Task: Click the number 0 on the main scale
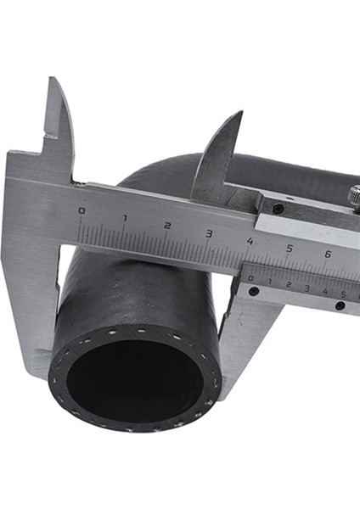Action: pyautogui.click(x=82, y=210)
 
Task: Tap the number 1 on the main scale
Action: pyautogui.click(x=125, y=218)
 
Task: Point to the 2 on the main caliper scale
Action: pyautogui.click(x=167, y=226)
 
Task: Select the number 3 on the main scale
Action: pyautogui.click(x=209, y=233)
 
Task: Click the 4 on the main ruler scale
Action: pyautogui.click(x=250, y=241)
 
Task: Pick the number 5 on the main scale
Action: pyautogui.click(x=290, y=248)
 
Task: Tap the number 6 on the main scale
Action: pyautogui.click(x=328, y=255)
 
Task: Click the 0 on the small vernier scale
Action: pyautogui.click(x=250, y=278)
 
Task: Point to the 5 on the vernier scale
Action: pyautogui.click(x=343, y=294)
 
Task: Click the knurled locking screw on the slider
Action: pyautogui.click(x=354, y=198)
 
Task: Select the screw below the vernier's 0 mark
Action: pyautogui.click(x=254, y=292)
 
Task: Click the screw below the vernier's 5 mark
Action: pyautogui.click(x=340, y=306)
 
